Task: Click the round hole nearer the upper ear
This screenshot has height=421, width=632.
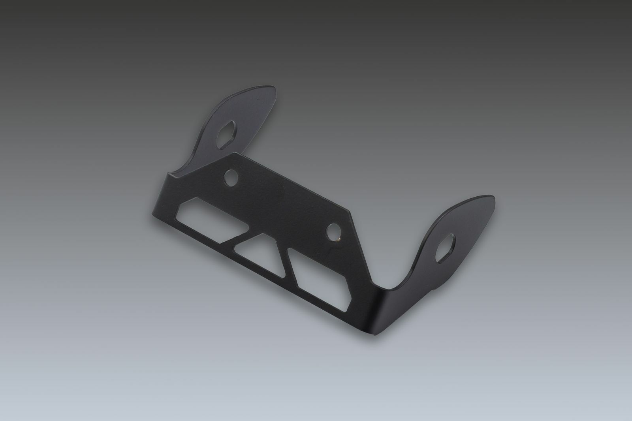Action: [x=229, y=179]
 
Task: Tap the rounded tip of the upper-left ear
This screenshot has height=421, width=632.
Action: [x=269, y=92]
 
